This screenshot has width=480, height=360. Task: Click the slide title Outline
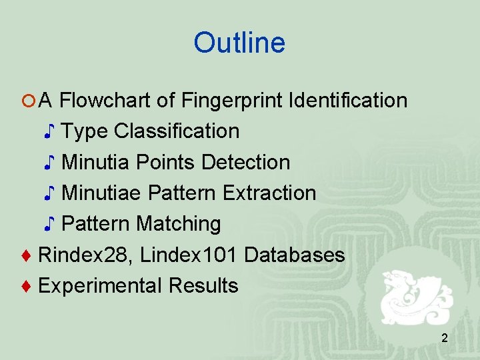(x=239, y=43)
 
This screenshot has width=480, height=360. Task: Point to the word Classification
(x=177, y=131)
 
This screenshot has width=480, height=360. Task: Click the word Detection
(x=245, y=162)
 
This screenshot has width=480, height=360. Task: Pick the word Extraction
(x=269, y=193)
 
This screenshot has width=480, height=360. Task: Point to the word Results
(x=203, y=285)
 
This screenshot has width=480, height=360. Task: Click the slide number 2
(x=444, y=339)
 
